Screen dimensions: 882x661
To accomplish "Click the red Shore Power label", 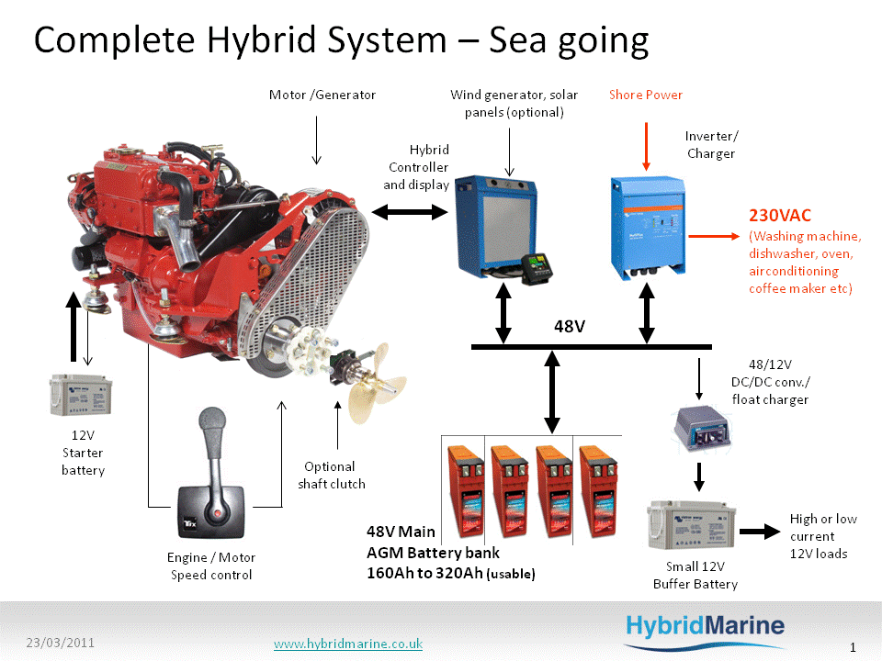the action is (x=646, y=95).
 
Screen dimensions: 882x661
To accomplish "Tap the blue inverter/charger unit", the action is (x=648, y=228).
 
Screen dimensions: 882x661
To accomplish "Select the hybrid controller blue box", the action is (x=495, y=226).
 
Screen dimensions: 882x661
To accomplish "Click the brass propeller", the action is (x=375, y=382).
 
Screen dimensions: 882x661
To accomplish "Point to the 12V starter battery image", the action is (x=81, y=395).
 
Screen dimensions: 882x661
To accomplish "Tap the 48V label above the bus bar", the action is (x=570, y=327).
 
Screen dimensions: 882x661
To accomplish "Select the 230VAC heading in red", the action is (x=780, y=215).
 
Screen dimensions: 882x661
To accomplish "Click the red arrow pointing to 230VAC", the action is (x=714, y=236).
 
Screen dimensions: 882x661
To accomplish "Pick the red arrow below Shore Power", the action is (x=646, y=147).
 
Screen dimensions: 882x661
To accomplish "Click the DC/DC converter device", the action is (x=703, y=429).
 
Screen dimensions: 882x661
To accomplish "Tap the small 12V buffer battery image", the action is (x=691, y=525).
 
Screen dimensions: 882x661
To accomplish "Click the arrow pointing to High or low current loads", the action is (x=760, y=532).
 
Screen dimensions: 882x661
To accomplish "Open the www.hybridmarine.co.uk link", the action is (x=348, y=644).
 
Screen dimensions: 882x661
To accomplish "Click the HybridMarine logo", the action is (x=706, y=631).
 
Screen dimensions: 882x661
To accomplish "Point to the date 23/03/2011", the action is (x=61, y=643).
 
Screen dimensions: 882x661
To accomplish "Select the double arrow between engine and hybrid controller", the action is (x=410, y=212).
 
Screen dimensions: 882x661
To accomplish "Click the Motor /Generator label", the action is (x=322, y=95).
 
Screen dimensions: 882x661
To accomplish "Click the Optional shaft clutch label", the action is (x=332, y=475).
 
